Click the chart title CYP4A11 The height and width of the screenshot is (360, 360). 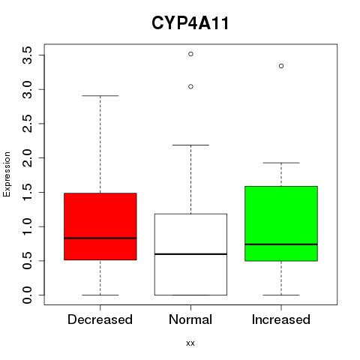click(190, 23)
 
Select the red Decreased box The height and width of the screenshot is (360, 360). click(100, 226)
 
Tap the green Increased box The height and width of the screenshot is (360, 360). click(281, 223)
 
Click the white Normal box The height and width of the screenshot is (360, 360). click(190, 254)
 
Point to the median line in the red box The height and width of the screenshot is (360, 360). click(100, 238)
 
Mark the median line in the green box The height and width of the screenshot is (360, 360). click(281, 244)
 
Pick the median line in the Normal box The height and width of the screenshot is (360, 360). click(190, 254)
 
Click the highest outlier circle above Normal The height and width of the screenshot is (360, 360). click(190, 54)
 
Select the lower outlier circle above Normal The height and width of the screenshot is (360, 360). click(190, 86)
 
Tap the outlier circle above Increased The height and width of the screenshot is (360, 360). click(281, 66)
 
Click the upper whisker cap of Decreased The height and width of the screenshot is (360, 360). click(100, 95)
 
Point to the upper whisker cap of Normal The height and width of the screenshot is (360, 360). click(190, 145)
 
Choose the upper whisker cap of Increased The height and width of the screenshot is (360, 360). click(281, 163)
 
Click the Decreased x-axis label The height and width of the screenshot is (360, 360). click(100, 319)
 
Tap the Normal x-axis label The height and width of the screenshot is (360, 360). click(190, 319)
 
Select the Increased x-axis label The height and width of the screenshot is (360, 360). click(281, 319)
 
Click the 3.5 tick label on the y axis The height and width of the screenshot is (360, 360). click(27, 55)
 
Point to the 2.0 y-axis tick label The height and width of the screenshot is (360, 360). click(27, 158)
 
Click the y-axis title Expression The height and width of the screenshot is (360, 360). click(7, 174)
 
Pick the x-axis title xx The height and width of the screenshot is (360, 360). click(190, 343)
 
